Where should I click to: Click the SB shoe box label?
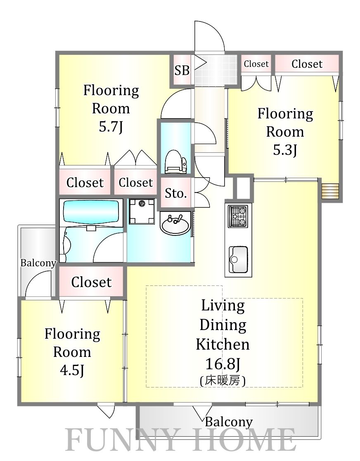pyautogui.click(x=182, y=70)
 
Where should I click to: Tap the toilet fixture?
pyautogui.click(x=176, y=162)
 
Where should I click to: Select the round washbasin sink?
pyautogui.click(x=175, y=225)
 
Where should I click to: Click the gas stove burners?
pyautogui.click(x=238, y=216)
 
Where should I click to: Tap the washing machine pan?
pyautogui.click(x=142, y=211)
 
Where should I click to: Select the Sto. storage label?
pyautogui.click(x=176, y=193)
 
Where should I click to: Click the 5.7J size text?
pyautogui.click(x=111, y=127)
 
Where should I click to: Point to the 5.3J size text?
pyautogui.click(x=285, y=150)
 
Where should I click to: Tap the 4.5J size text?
pyautogui.click(x=72, y=370)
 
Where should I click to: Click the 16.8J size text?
pyautogui.click(x=223, y=364)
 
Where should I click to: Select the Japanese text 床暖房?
pyautogui.click(x=223, y=381)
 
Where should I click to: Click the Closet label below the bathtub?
pyautogui.click(x=91, y=282)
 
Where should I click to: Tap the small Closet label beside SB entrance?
pyautogui.click(x=256, y=64)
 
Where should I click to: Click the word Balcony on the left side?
pyautogui.click(x=38, y=263)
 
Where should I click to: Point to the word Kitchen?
pyautogui.click(x=223, y=344)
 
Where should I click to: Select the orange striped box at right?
pyautogui.click(x=331, y=191)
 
